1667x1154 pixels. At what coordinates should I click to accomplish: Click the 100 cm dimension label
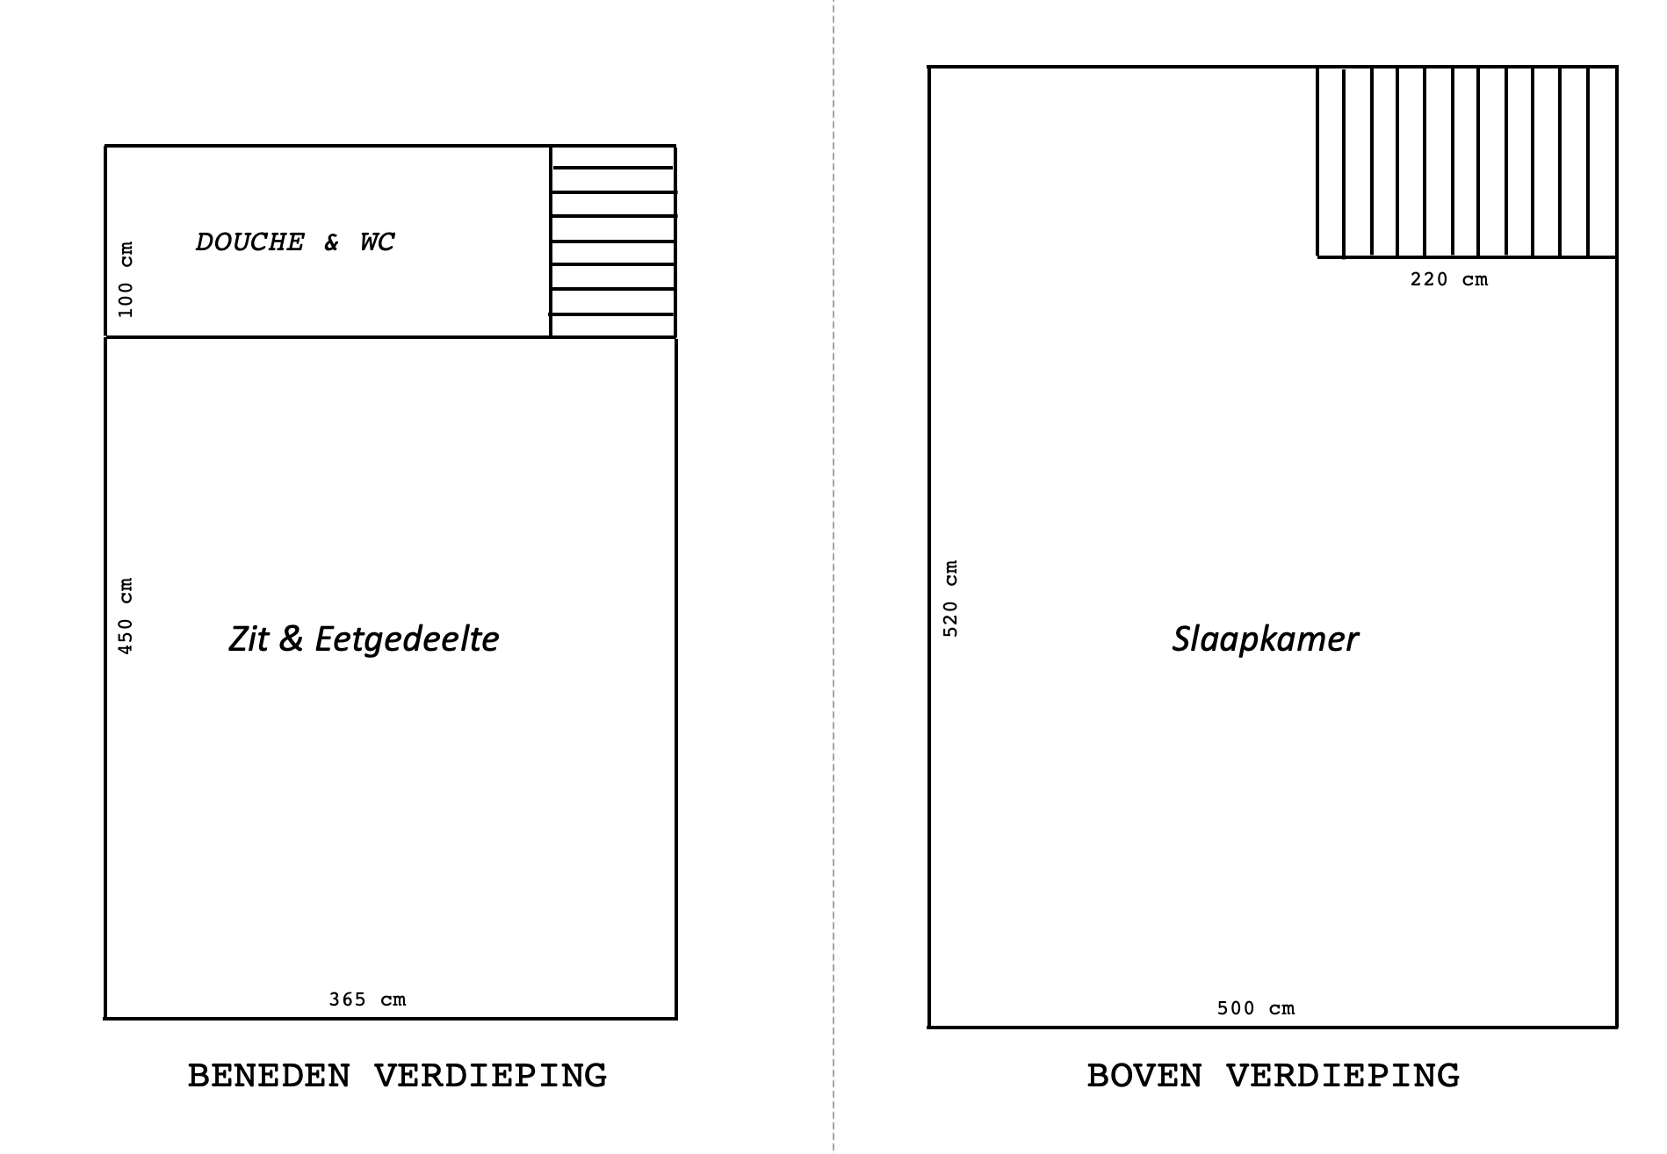tap(126, 279)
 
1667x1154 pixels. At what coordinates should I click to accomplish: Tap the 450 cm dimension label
tap(126, 616)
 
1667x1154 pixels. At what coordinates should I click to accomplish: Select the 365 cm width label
tap(367, 999)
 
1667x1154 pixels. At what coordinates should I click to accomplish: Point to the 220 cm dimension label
tap(1449, 279)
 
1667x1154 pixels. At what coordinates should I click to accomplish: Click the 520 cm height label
tap(950, 598)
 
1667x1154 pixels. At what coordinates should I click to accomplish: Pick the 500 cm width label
tap(1256, 1008)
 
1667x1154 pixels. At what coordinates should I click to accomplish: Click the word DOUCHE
tap(250, 242)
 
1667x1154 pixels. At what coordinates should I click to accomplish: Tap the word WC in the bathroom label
tap(378, 242)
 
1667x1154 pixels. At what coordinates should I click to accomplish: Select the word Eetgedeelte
tap(407, 639)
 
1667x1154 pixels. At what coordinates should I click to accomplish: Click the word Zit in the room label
tap(249, 638)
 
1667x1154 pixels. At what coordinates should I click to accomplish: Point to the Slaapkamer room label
tap(1265, 638)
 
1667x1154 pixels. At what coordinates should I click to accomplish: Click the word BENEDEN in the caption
tap(269, 1076)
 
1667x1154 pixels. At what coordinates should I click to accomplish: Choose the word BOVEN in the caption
tap(1144, 1076)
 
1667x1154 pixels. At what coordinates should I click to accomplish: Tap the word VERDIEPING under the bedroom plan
tap(1343, 1076)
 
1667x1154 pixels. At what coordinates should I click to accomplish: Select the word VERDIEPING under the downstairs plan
tap(491, 1076)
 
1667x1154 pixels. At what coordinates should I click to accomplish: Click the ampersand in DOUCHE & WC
tap(331, 242)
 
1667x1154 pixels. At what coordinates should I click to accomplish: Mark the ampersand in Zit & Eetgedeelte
tap(291, 639)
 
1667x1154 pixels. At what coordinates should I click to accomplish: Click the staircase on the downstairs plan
tap(613, 242)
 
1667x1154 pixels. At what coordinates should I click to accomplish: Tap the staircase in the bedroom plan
tap(1467, 162)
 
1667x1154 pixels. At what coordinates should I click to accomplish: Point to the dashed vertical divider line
tap(833, 577)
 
